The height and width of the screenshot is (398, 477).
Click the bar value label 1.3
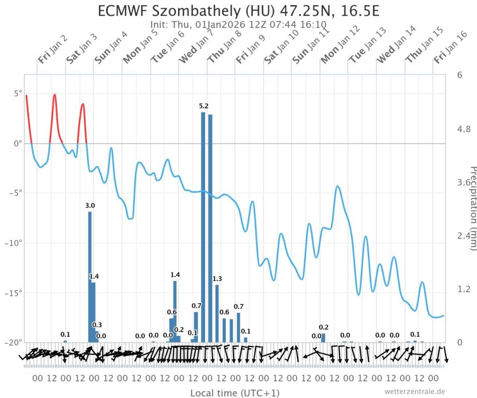click(x=217, y=279)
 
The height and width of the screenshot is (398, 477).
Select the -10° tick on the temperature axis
click(x=14, y=243)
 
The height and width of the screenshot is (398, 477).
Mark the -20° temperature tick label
click(x=14, y=343)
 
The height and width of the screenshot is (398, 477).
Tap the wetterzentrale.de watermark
click(x=414, y=391)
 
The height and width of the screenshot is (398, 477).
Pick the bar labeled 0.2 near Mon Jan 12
click(x=323, y=338)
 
